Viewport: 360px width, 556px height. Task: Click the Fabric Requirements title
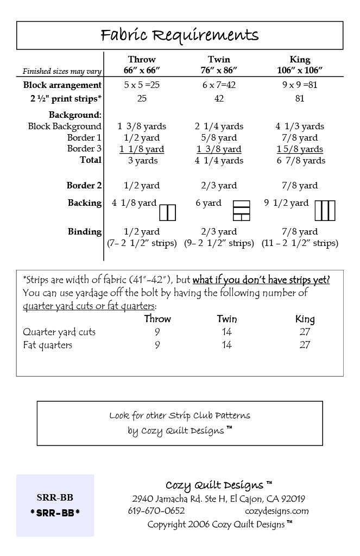(x=180, y=36)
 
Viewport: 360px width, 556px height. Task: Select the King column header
(x=300, y=59)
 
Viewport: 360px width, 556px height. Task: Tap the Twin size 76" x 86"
(x=219, y=69)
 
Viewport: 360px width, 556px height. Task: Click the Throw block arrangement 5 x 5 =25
(x=142, y=85)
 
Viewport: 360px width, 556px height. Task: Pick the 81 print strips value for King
(x=300, y=99)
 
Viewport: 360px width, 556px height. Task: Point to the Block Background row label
(x=65, y=127)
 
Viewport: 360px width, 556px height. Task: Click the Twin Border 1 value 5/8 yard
(x=219, y=138)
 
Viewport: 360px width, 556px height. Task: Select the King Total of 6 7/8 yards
(x=300, y=161)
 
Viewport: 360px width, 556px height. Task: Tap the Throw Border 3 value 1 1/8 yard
(x=142, y=149)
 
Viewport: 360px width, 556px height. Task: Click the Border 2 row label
(x=84, y=186)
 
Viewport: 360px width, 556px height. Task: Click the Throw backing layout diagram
(x=168, y=212)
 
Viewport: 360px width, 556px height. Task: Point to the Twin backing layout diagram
(x=241, y=211)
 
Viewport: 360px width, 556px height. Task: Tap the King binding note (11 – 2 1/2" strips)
(x=300, y=243)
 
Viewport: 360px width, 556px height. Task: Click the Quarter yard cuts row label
(x=59, y=332)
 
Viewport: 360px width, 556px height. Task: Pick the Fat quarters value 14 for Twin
(x=227, y=345)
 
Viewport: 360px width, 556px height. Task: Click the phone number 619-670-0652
(x=156, y=511)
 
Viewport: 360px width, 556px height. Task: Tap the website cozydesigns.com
(x=276, y=511)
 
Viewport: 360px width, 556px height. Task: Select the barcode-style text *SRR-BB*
(x=55, y=513)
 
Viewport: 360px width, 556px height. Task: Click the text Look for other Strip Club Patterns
(x=180, y=416)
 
